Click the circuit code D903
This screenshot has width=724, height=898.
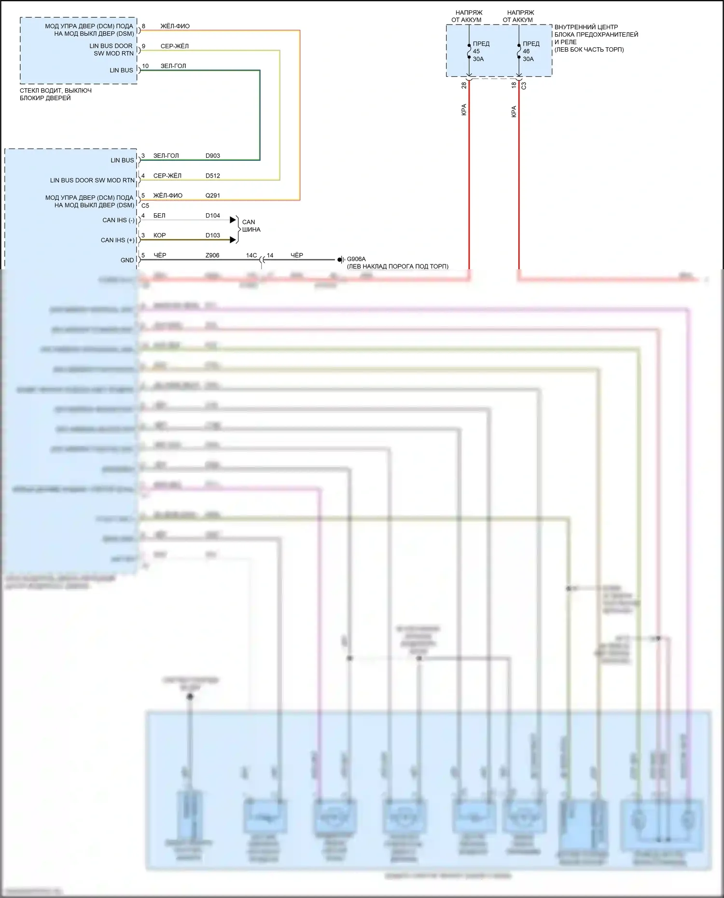212,156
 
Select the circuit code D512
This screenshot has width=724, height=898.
212,176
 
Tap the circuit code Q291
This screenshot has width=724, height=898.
212,195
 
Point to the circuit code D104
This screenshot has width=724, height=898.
212,216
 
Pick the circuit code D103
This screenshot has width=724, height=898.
212,235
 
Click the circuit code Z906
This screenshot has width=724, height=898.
212,255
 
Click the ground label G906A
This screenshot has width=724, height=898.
356,259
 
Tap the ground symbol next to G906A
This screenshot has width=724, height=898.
340,260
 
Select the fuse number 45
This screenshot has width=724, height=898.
476,51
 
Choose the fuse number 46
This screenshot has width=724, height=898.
526,51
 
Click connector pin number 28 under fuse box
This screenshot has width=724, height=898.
464,85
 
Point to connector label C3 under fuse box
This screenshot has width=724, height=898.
524,85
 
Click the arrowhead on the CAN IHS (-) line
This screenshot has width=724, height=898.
234,220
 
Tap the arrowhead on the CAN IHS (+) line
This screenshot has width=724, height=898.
234,240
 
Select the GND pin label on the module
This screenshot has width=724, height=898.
127,260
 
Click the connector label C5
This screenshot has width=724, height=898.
145,206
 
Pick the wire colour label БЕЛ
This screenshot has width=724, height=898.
159,216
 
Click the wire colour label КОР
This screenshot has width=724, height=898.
159,235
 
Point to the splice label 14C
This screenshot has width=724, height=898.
251,255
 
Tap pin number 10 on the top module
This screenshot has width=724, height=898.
145,66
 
